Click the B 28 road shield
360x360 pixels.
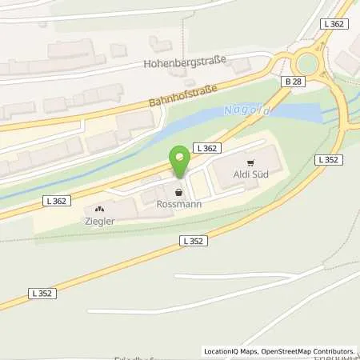294,82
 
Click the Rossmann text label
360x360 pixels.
178,204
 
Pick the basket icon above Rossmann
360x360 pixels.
178,192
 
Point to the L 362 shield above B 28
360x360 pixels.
335,26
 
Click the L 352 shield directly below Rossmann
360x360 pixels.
192,240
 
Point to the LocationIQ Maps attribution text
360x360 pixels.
233,351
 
